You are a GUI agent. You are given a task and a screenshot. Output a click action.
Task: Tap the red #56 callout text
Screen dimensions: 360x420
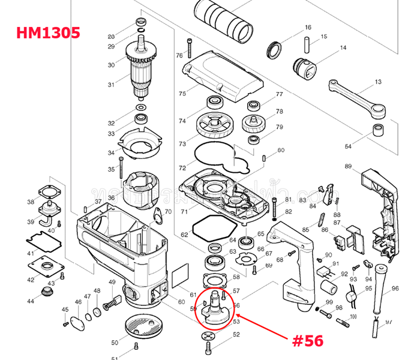coord(307,340)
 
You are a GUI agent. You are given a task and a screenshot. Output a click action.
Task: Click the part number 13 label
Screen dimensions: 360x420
coord(378,82)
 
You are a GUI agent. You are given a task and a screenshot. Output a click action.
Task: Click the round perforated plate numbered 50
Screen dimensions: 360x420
coord(145,326)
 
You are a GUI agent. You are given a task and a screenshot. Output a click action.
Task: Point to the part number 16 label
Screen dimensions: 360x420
coord(308,28)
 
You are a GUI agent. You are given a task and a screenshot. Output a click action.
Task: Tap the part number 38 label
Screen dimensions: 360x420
coord(31,202)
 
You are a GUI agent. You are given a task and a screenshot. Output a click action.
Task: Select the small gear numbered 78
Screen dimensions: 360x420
coord(254,124)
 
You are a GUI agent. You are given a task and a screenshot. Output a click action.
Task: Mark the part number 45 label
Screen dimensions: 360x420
coord(65,309)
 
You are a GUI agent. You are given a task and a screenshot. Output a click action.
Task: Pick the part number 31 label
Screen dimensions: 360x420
coord(111,85)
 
